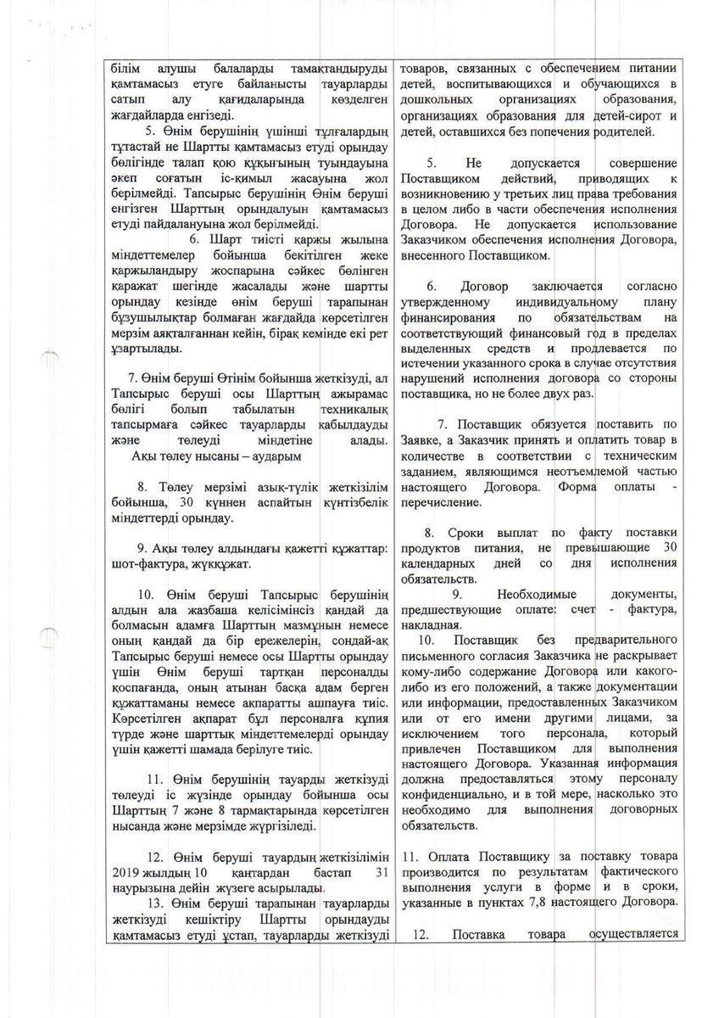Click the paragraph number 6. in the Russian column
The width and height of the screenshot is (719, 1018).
coord(432,286)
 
